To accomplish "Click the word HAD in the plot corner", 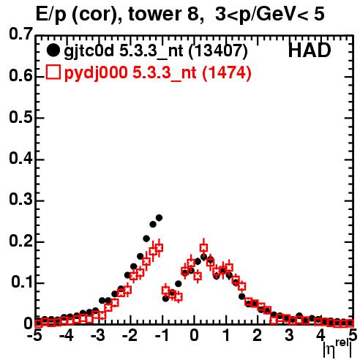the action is coord(310,50).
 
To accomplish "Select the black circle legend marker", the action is coord(53,50).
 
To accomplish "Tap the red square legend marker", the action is coord(53,72).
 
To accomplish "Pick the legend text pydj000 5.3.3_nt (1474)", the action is coord(157,73).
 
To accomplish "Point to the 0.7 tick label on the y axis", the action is coord(20,34).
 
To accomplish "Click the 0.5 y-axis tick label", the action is coord(20,117).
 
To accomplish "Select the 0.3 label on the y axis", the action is coord(20,200).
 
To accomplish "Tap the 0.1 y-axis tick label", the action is coord(21,282).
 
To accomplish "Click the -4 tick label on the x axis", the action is coord(67,336).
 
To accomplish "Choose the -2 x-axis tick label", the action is coord(130,336).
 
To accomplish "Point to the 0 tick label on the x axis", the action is coord(194,336).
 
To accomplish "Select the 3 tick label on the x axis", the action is coord(290,336).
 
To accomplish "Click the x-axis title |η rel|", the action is coord(337,348).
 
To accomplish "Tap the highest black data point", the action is coord(159,218).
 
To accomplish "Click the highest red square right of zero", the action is coord(204,248).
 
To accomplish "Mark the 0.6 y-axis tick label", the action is coord(20,75).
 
